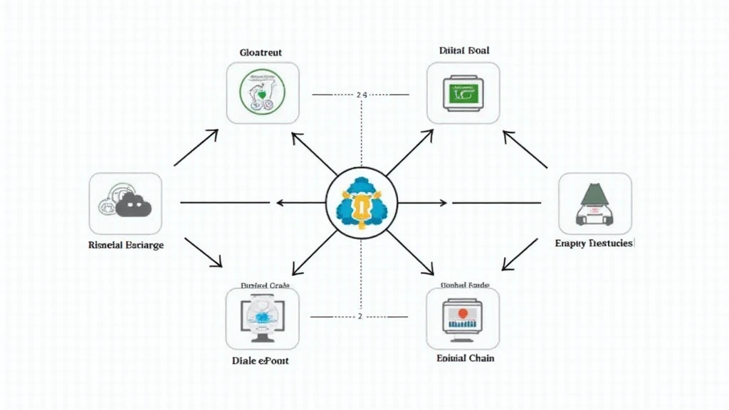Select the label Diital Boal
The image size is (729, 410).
pyautogui.click(x=463, y=51)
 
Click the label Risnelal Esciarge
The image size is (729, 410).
pyautogui.click(x=126, y=245)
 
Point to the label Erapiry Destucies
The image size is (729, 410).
pyautogui.click(x=594, y=243)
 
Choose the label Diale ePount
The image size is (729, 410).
pyautogui.click(x=261, y=360)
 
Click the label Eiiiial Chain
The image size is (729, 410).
pyautogui.click(x=465, y=358)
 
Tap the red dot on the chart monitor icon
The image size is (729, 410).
pyautogui.click(x=462, y=313)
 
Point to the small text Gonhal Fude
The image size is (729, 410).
pyautogui.click(x=463, y=285)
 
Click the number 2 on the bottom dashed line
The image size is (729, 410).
pyautogui.click(x=360, y=316)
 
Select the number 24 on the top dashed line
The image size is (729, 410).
pyautogui.click(x=361, y=94)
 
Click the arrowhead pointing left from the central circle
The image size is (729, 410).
pyautogui.click(x=280, y=203)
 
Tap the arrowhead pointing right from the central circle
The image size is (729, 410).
pyautogui.click(x=443, y=203)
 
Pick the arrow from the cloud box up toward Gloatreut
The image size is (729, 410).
pyautogui.click(x=196, y=148)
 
